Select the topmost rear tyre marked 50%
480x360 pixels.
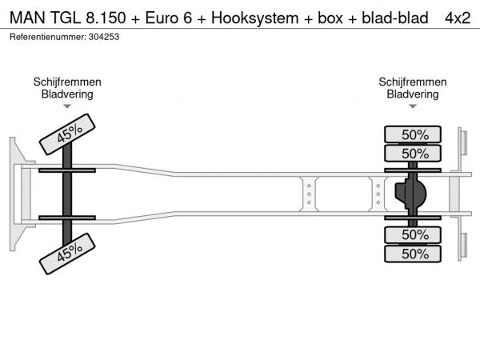coord(415,134)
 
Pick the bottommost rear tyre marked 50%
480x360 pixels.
coord(415,254)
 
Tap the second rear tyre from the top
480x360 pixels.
coord(415,153)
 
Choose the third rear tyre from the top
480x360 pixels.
coord(415,234)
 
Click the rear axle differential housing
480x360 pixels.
coord(411,194)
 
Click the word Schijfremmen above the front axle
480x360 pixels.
coord(67,82)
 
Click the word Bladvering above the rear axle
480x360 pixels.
coord(413,94)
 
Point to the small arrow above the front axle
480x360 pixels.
coord(67,106)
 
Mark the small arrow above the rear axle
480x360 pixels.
coord(413,106)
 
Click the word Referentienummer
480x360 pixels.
coord(46,38)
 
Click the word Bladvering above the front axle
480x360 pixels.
coord(67,94)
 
